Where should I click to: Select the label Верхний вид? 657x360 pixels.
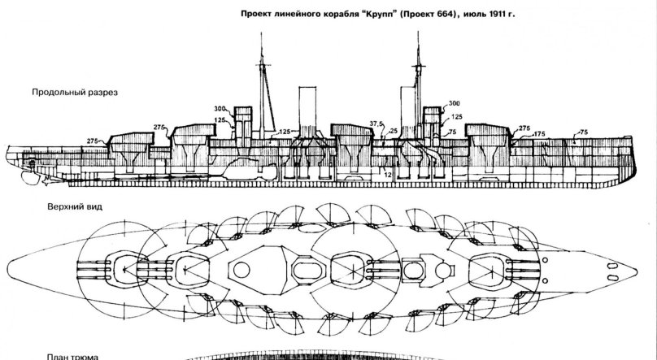(x=64, y=206)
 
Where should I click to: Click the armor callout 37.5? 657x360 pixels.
(x=375, y=124)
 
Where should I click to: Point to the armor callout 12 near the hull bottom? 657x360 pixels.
(x=388, y=176)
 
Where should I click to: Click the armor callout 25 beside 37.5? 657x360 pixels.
(x=394, y=131)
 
